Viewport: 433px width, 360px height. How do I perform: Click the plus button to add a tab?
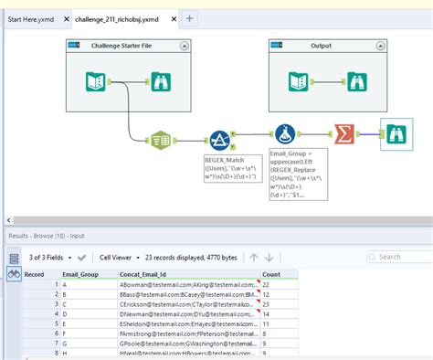click(190, 17)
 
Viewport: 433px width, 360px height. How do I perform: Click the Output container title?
click(321, 44)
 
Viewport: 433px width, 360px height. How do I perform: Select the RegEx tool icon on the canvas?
click(220, 141)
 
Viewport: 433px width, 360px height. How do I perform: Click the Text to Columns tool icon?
click(161, 142)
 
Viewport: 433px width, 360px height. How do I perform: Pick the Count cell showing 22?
click(269, 284)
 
